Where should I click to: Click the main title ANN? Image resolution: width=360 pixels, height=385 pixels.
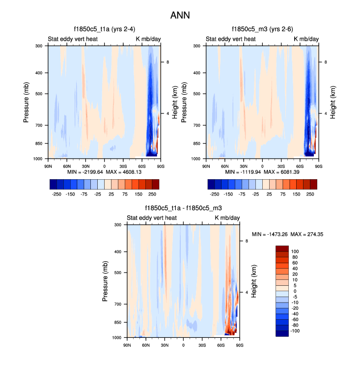[180, 16]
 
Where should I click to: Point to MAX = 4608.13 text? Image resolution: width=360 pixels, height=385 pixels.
[122, 172]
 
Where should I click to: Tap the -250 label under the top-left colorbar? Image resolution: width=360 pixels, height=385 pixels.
[56, 194]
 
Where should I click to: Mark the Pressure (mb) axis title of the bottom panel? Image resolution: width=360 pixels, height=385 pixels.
[106, 281]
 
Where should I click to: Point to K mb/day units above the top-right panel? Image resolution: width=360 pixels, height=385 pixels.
[306, 39]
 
